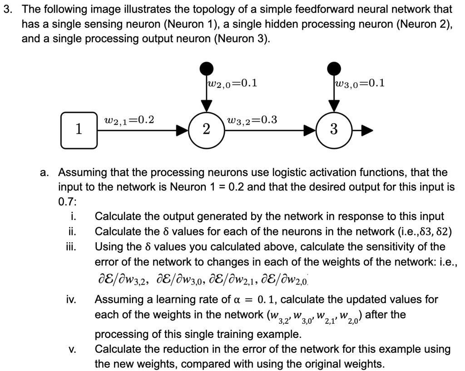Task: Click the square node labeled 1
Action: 79,130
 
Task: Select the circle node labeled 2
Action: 207,130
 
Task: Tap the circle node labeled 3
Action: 334,130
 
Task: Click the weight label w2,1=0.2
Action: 129,120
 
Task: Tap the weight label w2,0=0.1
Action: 232,83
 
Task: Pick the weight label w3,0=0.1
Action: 359,83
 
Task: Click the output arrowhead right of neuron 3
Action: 367,132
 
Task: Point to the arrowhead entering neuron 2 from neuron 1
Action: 183,132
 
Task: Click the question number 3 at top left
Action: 7,9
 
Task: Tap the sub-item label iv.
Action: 71,300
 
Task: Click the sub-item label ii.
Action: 72,232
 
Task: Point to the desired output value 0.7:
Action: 68,201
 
